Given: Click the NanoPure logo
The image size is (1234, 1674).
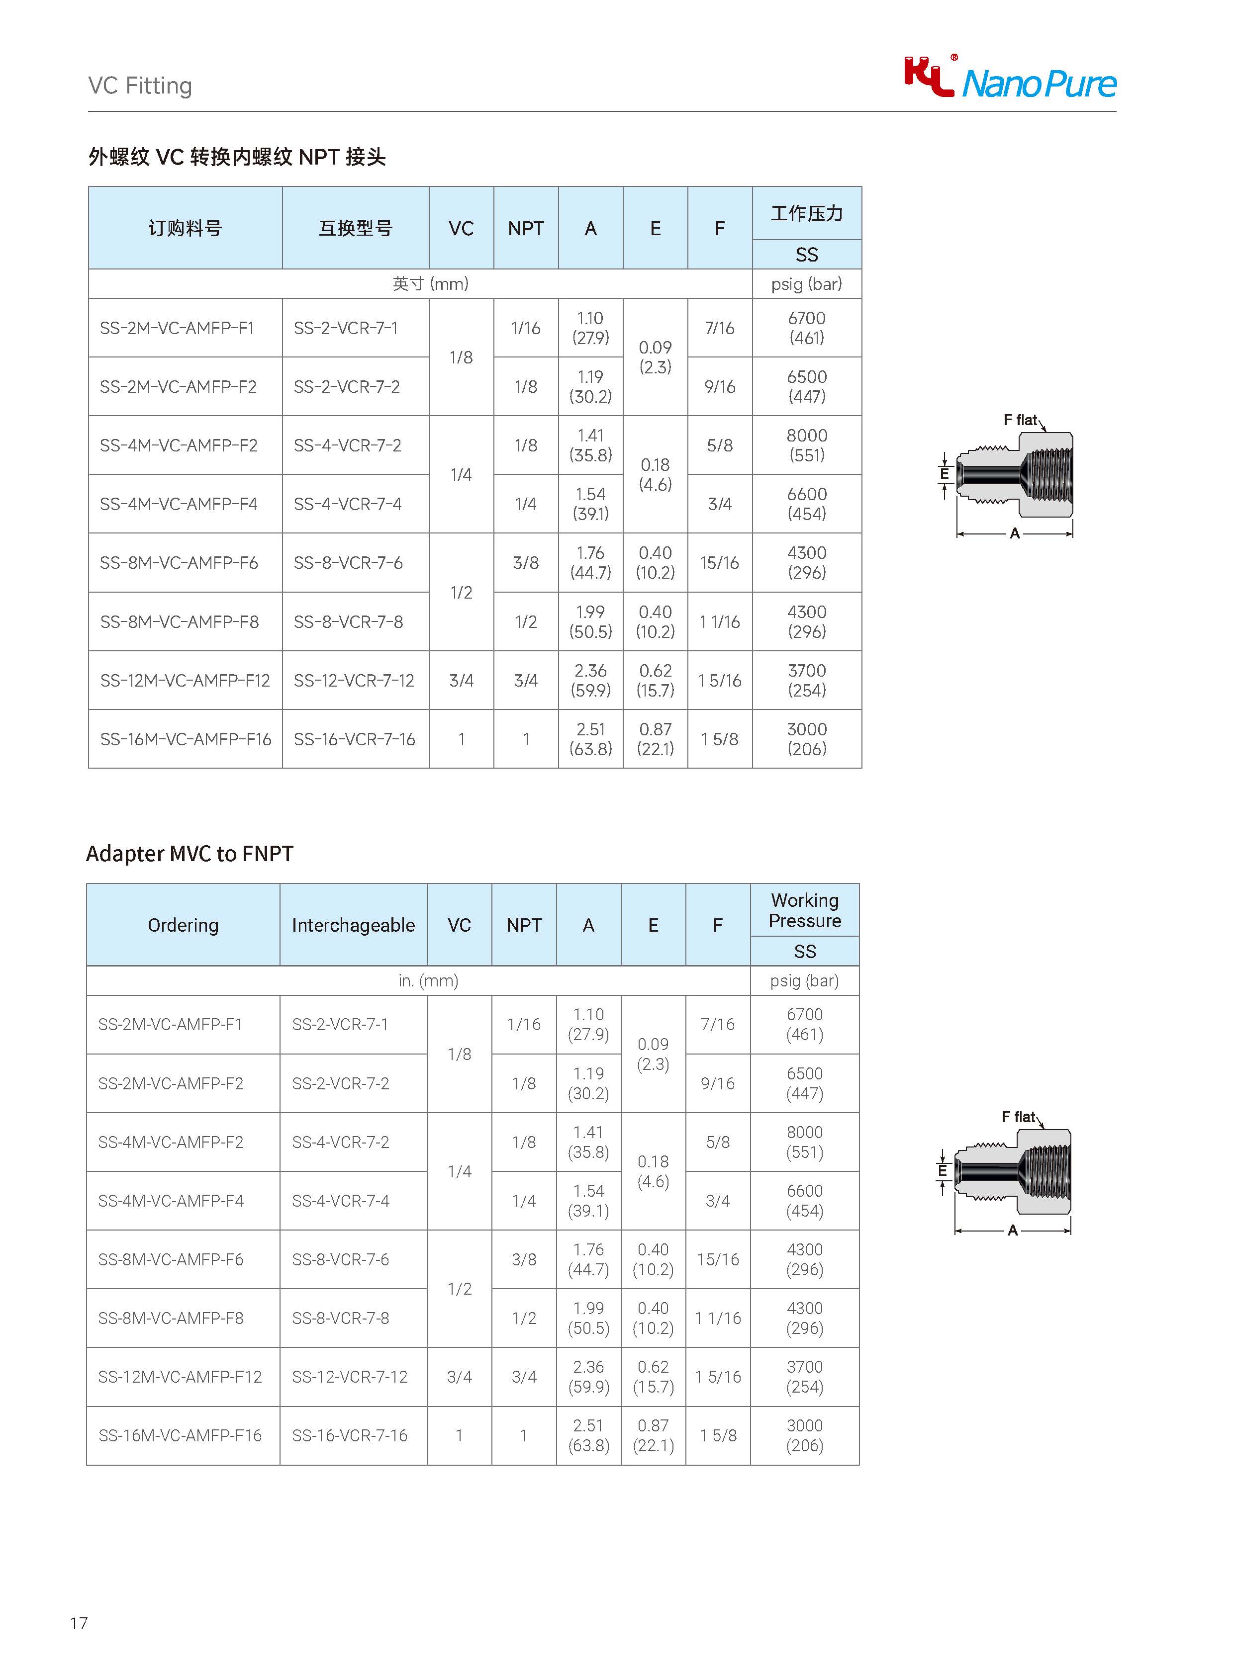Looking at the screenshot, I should pos(1009,79).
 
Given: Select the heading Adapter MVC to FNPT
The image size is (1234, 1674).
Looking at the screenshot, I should pos(190,854).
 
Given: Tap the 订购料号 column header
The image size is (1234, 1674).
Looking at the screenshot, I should pos(185,228).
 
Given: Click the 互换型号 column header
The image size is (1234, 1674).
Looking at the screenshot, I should pos(356,228).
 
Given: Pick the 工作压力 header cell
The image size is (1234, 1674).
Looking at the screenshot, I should pos(807,214).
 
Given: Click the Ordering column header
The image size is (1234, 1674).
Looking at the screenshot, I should pos(183,925).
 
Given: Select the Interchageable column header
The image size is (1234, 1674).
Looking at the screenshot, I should pos(353,925).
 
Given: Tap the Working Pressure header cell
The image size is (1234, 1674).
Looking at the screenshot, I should pos(804,910).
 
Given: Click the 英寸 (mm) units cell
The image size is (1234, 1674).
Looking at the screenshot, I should pos(430,284).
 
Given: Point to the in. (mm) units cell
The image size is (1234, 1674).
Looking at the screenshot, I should pos(428,980).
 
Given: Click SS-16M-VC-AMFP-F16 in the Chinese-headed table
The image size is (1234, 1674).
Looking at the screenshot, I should pos(185,739).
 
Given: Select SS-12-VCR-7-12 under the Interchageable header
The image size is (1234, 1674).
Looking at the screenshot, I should pos(350,1377).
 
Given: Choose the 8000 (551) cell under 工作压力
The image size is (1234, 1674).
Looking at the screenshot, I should pos(807,445).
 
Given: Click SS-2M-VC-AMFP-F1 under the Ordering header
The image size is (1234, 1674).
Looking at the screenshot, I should pos(170,1024).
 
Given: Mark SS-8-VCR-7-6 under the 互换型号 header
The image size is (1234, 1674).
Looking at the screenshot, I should pos(348,563).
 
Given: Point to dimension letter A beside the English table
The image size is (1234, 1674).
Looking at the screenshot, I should pos(1013,1230).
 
